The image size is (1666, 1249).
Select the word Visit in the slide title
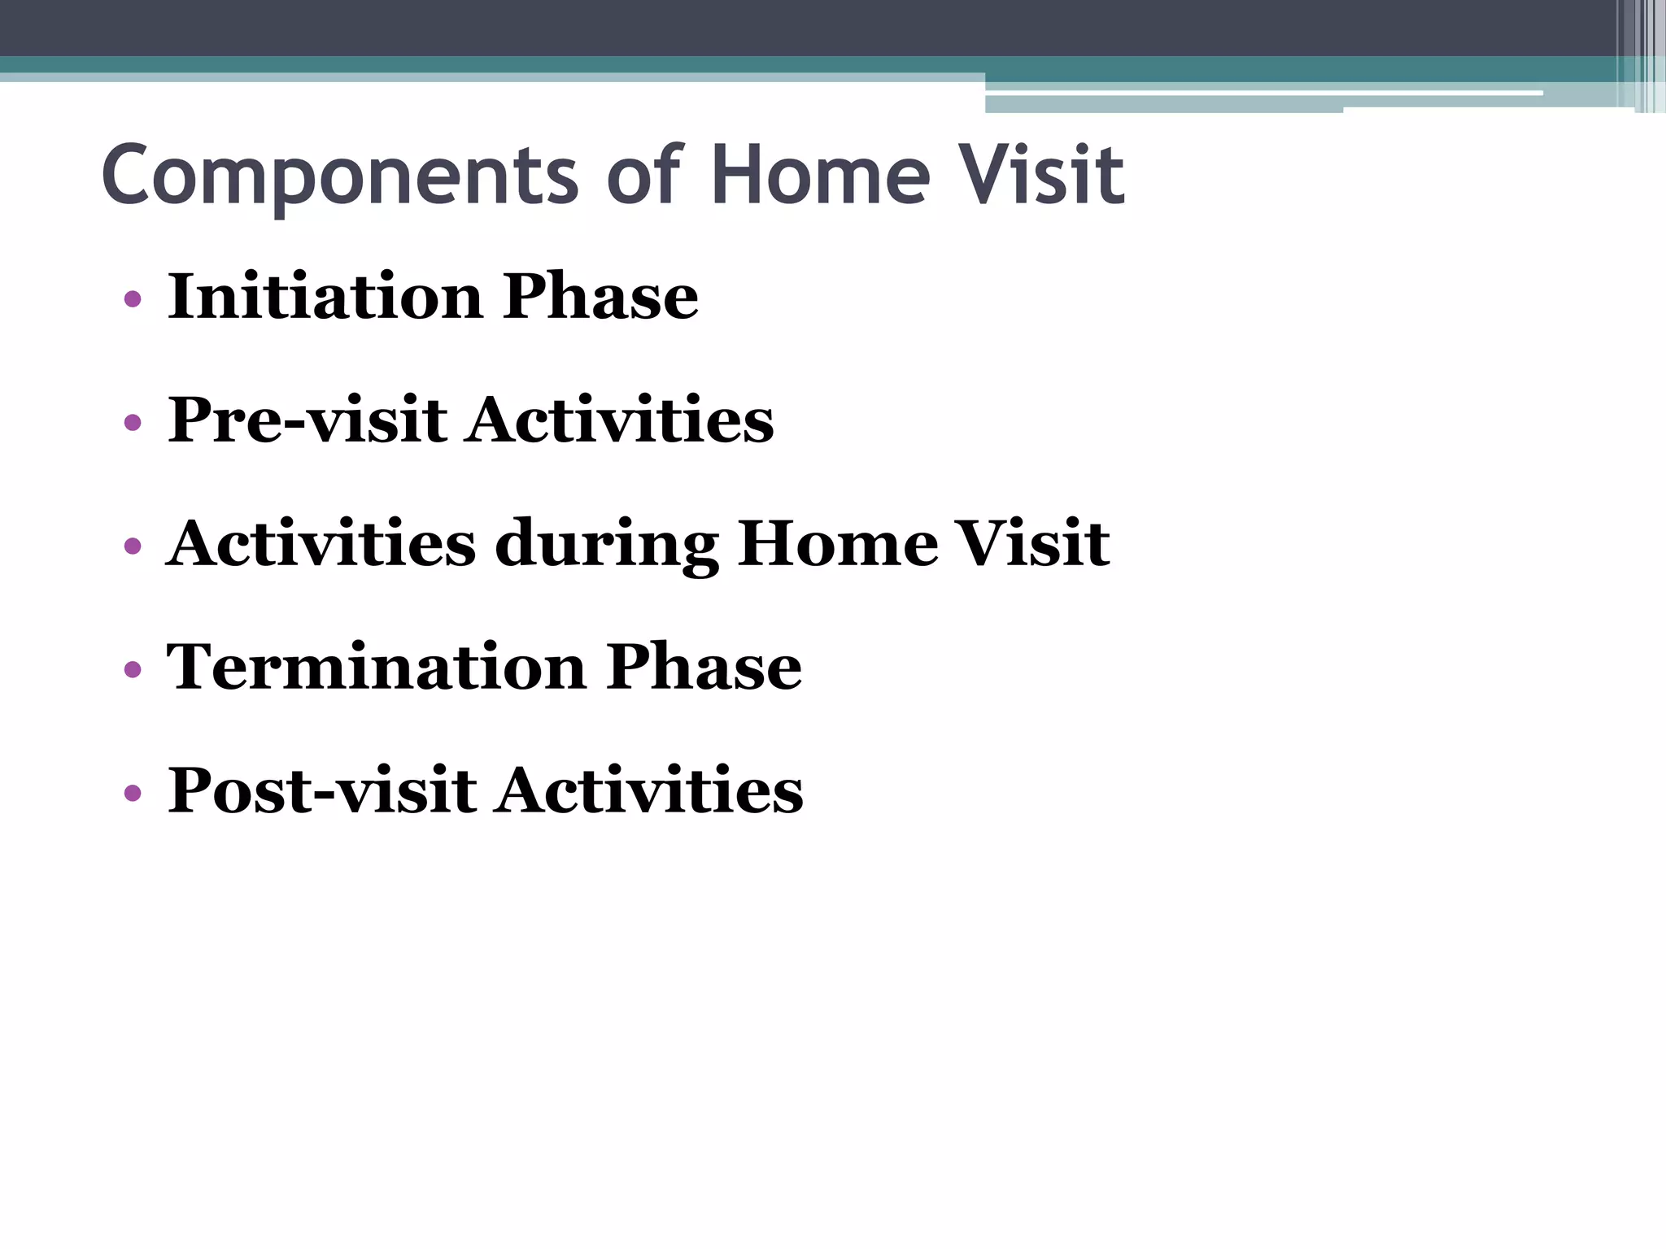tap(1042, 175)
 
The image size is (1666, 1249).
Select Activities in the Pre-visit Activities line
tap(620, 420)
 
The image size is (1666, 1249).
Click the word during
tap(607, 545)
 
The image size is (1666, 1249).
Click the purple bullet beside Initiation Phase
tap(133, 299)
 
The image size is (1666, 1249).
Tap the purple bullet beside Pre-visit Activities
tap(133, 423)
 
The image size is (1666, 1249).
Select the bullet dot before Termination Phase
tap(133, 670)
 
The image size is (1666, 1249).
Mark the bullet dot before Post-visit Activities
tap(133, 793)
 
